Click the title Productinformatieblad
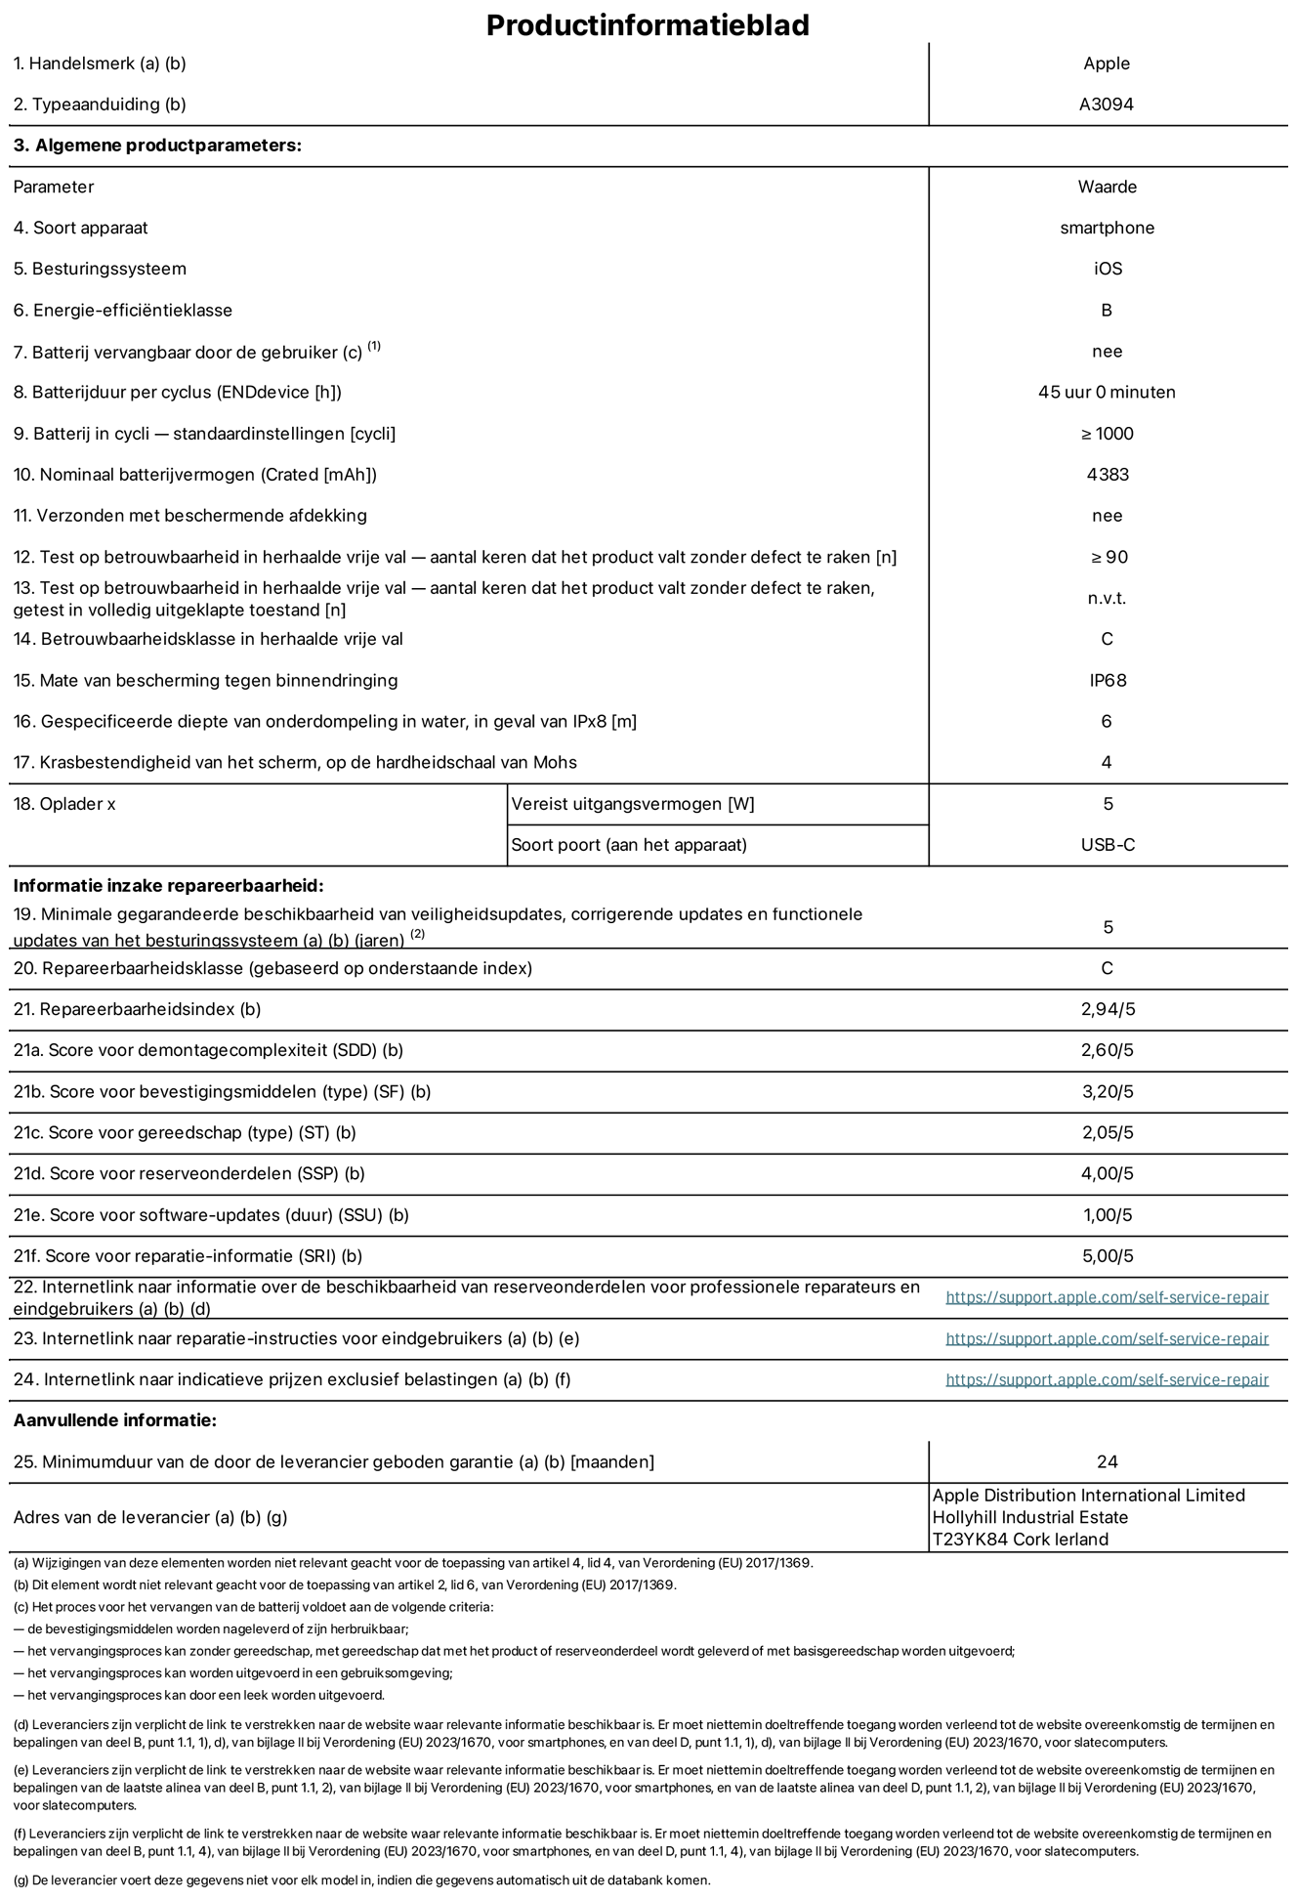(x=648, y=25)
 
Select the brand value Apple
(x=1106, y=63)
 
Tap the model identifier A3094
(x=1106, y=105)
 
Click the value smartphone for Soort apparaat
(x=1107, y=228)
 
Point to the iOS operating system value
(x=1107, y=269)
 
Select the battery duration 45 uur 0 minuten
(x=1107, y=392)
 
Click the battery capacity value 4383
(x=1107, y=475)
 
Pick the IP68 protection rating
(x=1107, y=680)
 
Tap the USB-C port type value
(x=1107, y=845)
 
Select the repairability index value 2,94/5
(x=1107, y=1009)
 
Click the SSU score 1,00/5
(x=1107, y=1215)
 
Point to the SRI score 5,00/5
(x=1107, y=1256)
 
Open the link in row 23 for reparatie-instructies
(x=1107, y=1338)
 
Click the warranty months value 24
(x=1107, y=1461)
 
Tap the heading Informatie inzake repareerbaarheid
(x=168, y=886)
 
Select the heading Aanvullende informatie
(x=115, y=1420)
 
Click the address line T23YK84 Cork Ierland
(x=1020, y=1540)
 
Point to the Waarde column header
(x=1107, y=187)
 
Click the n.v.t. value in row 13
(x=1107, y=598)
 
